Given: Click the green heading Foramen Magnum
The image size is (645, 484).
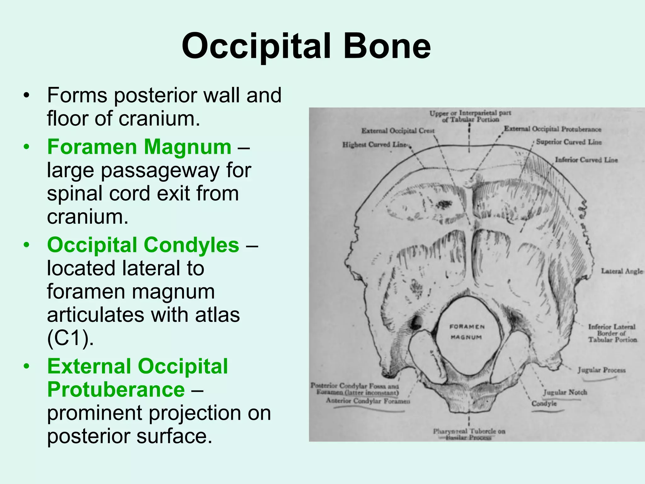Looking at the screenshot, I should pyautogui.click(x=139, y=147).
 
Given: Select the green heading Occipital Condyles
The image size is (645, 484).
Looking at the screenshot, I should pyautogui.click(x=143, y=245).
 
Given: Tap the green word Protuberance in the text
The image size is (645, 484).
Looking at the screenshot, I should pyautogui.click(x=116, y=390).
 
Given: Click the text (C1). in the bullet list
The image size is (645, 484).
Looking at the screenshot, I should pyautogui.click(x=70, y=338).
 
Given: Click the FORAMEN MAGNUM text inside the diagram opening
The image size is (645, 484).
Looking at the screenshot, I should pyautogui.click(x=467, y=332).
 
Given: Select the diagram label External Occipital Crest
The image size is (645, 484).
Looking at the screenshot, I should pyautogui.click(x=397, y=131).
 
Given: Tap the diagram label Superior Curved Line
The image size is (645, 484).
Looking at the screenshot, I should pyautogui.click(x=568, y=142).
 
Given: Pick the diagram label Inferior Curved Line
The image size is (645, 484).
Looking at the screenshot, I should pyautogui.click(x=586, y=160).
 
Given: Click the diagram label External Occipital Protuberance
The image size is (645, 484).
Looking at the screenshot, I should pyautogui.click(x=552, y=129).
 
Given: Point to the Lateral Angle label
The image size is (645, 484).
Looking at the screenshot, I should pyautogui.click(x=621, y=271).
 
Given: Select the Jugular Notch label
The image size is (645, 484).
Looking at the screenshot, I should pyautogui.click(x=565, y=392).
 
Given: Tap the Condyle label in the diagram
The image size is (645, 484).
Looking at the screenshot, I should pyautogui.click(x=544, y=404).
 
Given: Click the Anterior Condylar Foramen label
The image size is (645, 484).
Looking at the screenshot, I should pyautogui.click(x=368, y=401).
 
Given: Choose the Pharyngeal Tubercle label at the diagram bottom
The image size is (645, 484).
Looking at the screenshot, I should pyautogui.click(x=469, y=431).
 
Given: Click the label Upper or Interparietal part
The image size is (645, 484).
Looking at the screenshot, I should pyautogui.click(x=470, y=113).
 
